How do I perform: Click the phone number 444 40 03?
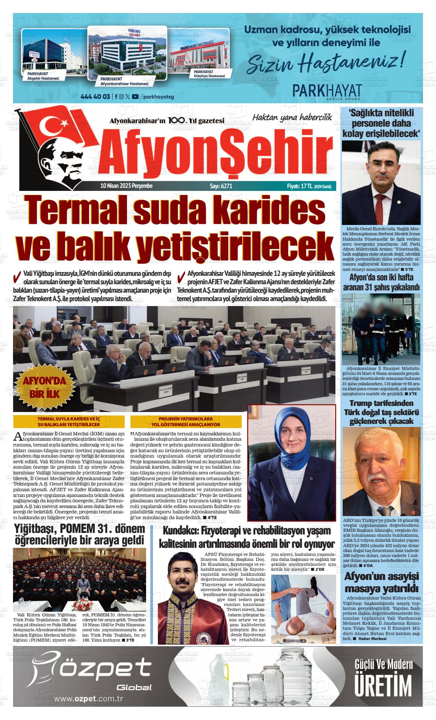(x=96, y=96)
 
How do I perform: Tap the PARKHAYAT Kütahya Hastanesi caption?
(x=209, y=74)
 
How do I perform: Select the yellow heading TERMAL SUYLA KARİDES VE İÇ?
(x=69, y=419)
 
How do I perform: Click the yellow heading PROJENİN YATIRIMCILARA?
(x=186, y=419)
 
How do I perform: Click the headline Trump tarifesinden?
(x=381, y=403)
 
